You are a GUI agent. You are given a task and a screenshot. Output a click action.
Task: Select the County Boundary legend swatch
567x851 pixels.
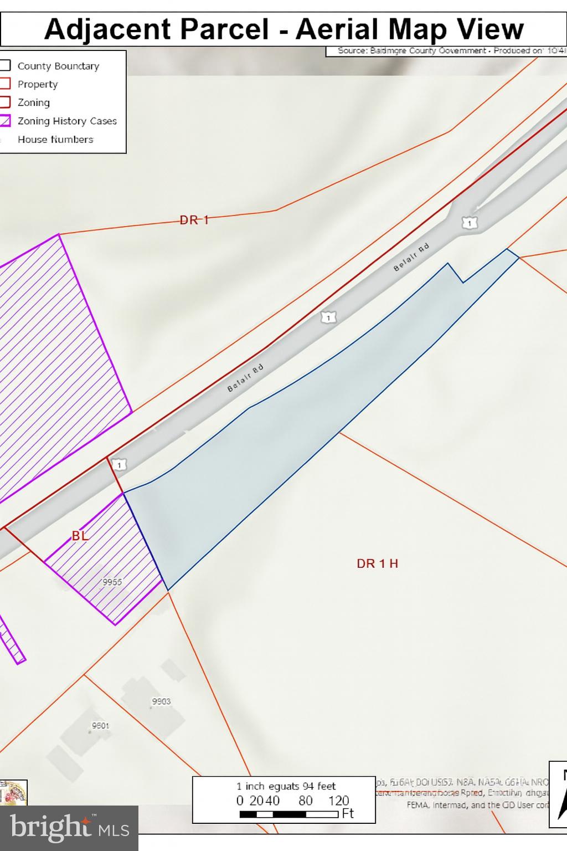tap(5, 65)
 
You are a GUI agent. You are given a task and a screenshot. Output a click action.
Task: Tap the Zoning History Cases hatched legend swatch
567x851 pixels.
tap(5, 121)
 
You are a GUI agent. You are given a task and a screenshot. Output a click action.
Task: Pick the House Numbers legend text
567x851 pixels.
tap(55, 140)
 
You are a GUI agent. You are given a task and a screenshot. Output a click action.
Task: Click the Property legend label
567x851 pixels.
tap(38, 84)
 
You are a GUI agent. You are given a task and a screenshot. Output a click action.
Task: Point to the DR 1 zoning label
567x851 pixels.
tap(194, 220)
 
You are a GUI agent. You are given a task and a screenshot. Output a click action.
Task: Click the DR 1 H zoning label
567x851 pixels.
tap(377, 563)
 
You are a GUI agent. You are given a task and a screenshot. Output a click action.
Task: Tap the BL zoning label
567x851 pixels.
tap(80, 536)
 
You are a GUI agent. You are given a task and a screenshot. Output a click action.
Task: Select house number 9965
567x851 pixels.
tap(112, 582)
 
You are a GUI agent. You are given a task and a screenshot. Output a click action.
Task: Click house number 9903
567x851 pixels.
tap(161, 701)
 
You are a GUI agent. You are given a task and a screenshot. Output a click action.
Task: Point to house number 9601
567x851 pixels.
tap(100, 725)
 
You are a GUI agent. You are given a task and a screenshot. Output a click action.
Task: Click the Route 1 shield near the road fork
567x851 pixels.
tap(470, 223)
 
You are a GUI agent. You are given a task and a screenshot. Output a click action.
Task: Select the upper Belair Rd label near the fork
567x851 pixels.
tap(411, 258)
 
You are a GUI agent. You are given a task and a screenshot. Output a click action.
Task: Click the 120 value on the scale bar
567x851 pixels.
tap(338, 801)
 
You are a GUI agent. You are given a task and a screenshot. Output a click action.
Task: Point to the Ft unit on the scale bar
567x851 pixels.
tap(348, 814)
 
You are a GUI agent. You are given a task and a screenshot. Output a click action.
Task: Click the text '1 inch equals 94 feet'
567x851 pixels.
tap(286, 786)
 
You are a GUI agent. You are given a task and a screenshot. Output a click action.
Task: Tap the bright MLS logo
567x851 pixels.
tap(69, 828)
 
